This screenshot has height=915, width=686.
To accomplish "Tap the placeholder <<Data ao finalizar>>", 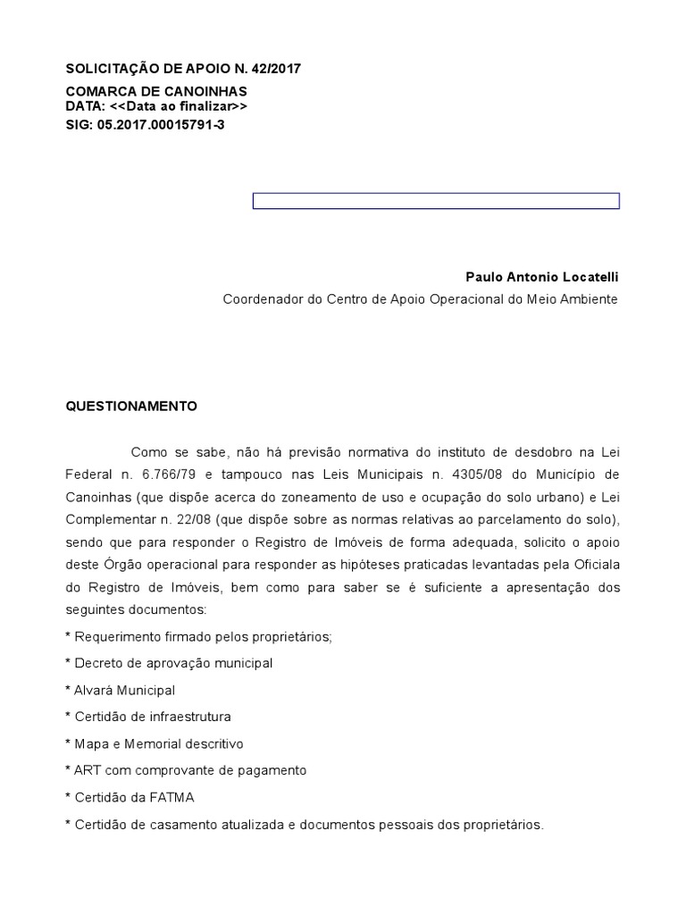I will tap(179, 106).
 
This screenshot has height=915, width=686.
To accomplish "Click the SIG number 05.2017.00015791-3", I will tap(167, 125).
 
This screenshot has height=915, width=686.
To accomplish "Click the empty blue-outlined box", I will tap(436, 201).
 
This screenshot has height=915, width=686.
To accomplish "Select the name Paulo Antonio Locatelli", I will tap(541, 279).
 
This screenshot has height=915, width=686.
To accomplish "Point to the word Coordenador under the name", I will tap(261, 299).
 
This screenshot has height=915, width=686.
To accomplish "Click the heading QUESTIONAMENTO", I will tap(131, 406).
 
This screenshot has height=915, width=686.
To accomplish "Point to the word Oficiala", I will tap(591, 566).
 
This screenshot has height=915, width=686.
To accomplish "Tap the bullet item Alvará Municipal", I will tap(121, 690).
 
